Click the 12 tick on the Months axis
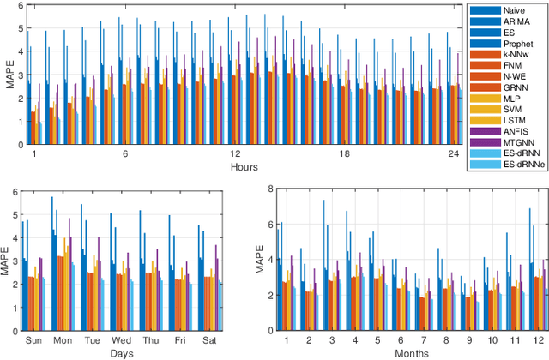pos(538,340)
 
